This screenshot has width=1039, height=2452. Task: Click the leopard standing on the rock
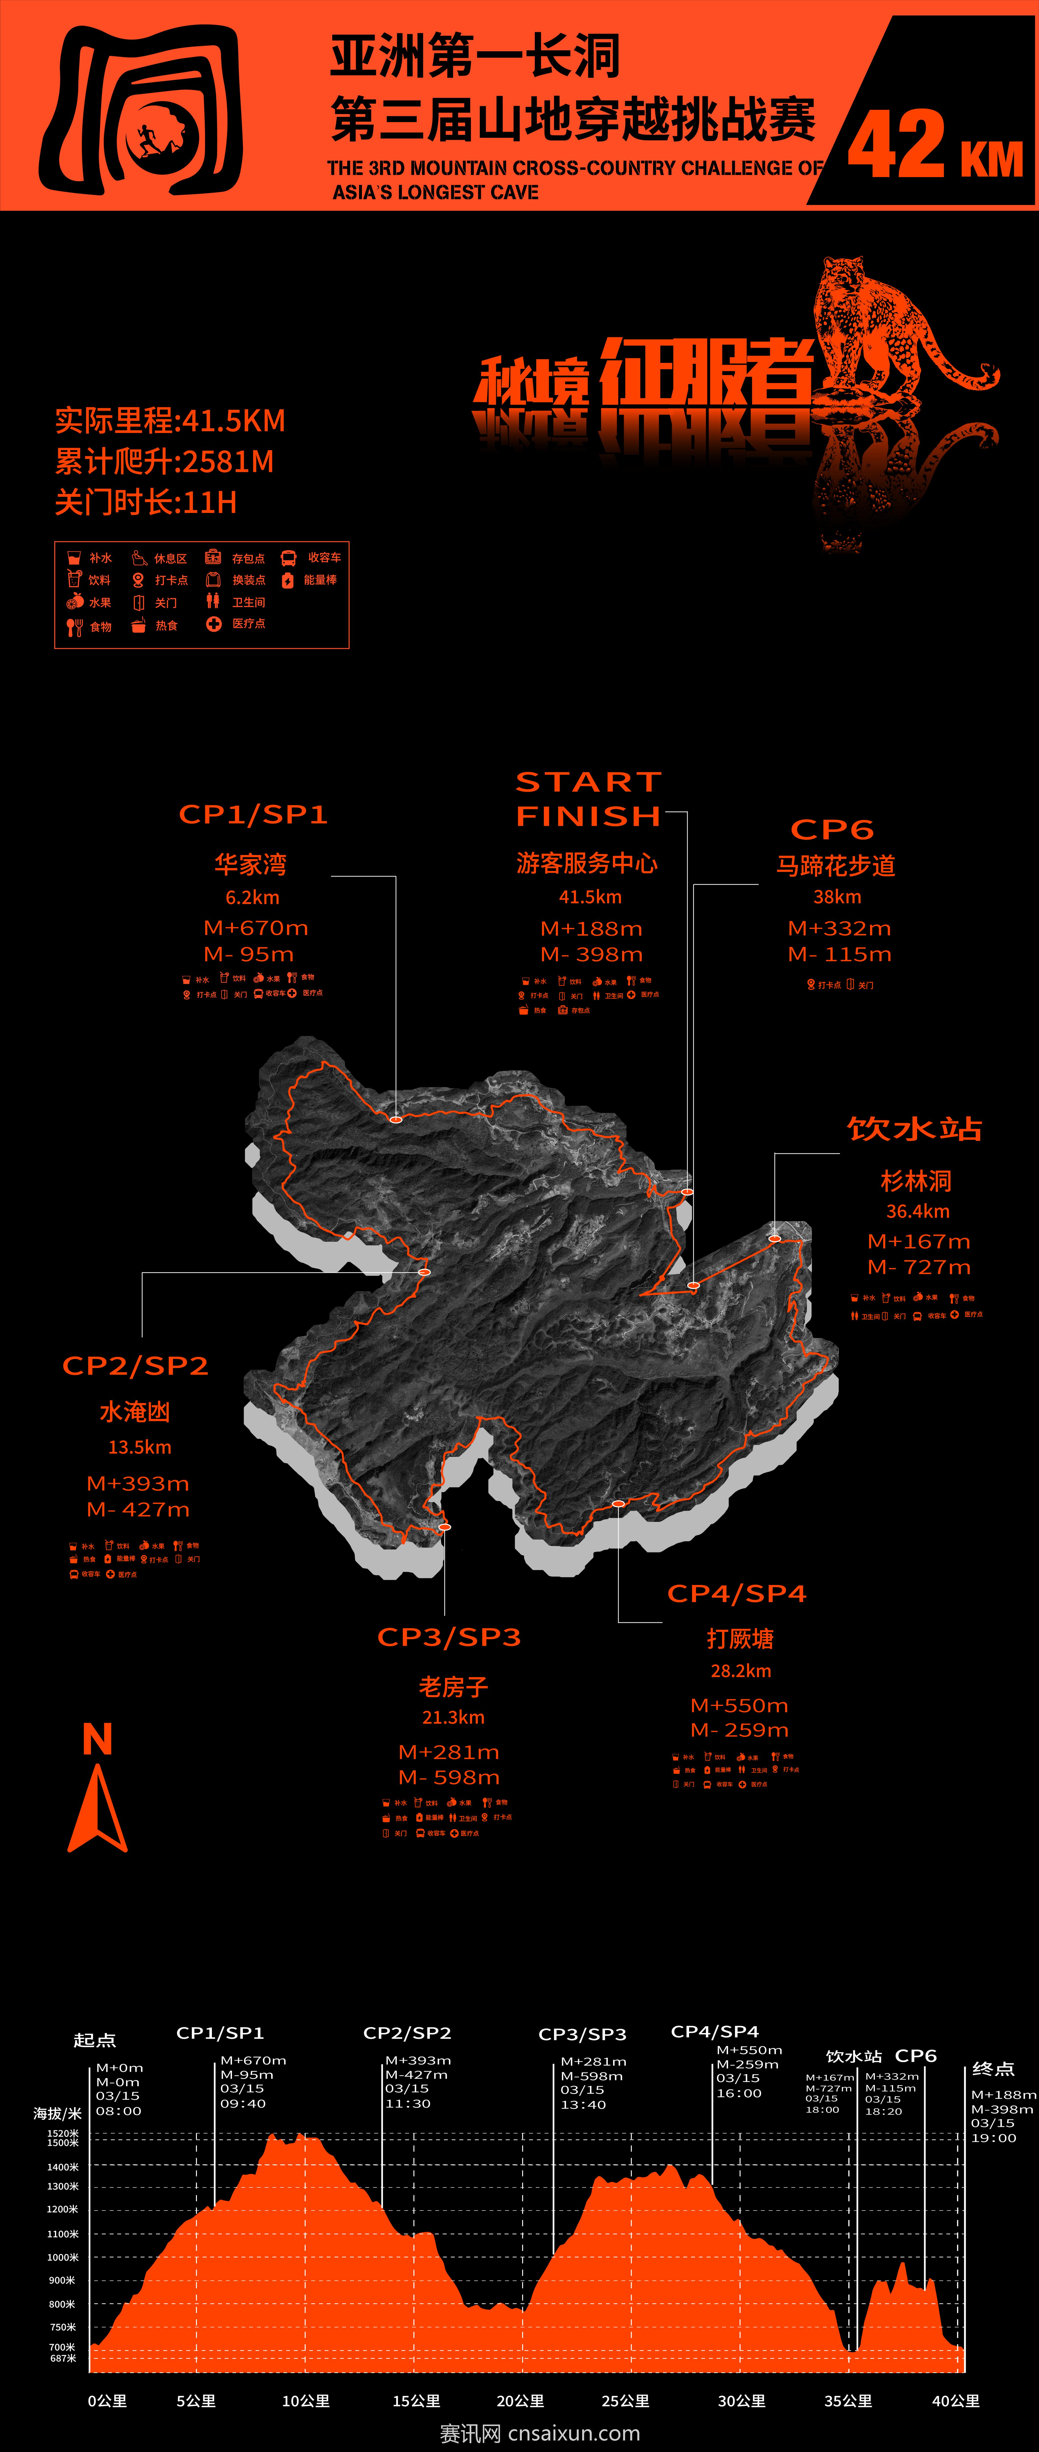876,324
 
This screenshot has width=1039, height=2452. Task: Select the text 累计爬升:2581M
165,462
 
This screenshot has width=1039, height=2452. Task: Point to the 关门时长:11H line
146,503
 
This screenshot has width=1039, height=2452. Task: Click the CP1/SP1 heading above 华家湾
253,815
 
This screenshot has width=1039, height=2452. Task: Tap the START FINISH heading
589,800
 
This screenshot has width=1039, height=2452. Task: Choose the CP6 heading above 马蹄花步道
832,830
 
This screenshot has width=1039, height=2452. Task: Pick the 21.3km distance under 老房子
453,1717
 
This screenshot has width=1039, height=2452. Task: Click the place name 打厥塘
740,1639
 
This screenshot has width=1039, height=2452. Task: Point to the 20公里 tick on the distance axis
520,2401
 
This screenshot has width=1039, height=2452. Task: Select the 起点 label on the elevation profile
94,2040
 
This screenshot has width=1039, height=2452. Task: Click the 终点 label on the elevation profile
993,2069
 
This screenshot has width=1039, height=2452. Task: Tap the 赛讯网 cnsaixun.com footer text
540,2433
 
